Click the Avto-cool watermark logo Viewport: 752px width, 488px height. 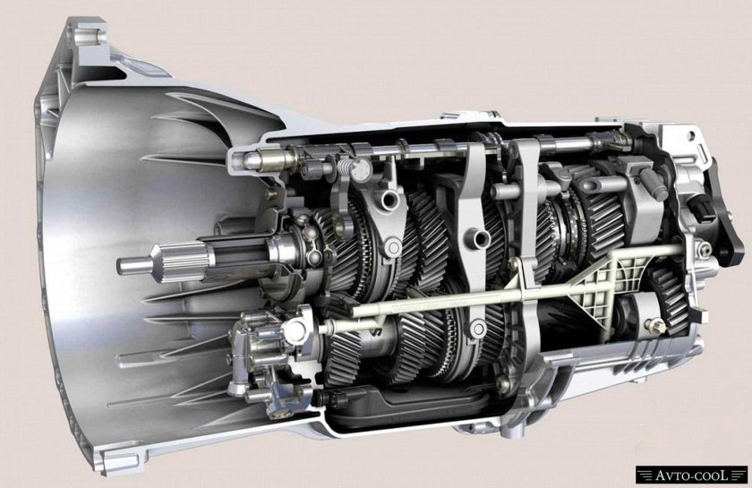[x=691, y=475]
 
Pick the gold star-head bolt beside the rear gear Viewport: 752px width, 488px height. [x=656, y=325]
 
